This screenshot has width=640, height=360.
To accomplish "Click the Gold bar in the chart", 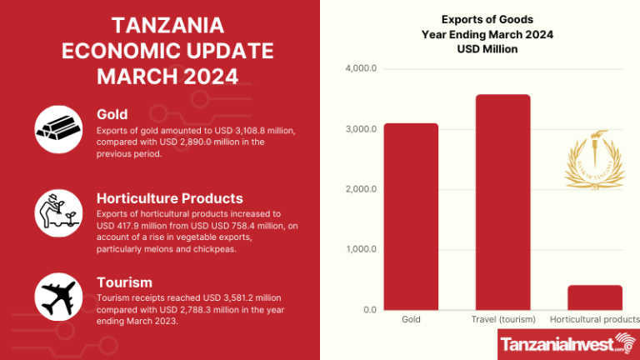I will click(411, 217).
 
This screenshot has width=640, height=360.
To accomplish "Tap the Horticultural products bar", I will click(595, 297).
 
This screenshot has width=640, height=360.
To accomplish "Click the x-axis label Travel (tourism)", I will click(503, 319).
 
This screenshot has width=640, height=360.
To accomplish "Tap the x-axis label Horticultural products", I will click(595, 319).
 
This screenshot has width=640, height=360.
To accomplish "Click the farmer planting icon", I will click(58, 210).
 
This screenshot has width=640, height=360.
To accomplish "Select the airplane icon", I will click(58, 296).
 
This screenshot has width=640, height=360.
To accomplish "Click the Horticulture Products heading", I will click(170, 198).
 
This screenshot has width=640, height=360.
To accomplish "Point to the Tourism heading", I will click(125, 283).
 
